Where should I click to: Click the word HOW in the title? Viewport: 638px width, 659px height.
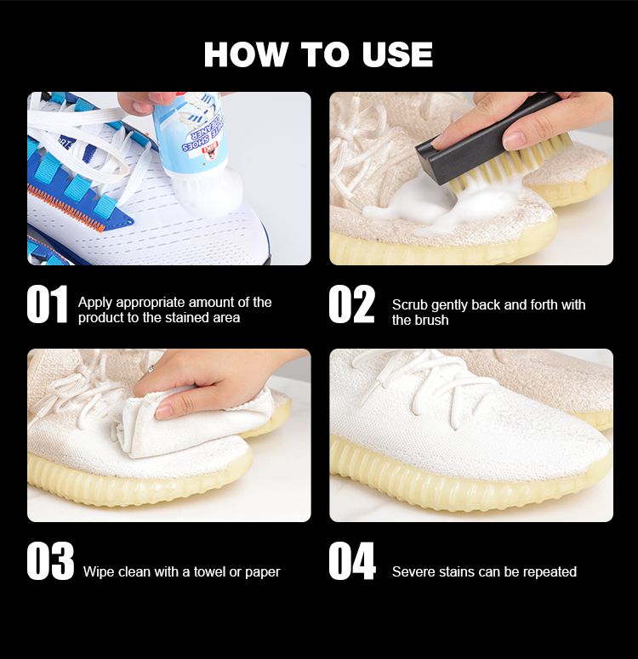pos(245,54)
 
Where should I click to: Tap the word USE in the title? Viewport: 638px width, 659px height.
pos(397,54)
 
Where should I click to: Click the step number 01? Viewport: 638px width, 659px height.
pos(47,304)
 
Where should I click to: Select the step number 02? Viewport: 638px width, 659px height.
pos(351,304)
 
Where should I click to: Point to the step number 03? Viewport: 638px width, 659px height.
pos(50,561)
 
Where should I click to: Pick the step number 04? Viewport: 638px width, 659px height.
pos(352,561)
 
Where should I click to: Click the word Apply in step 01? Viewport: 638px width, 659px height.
pos(95,303)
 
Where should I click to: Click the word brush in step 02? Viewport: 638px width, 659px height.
pos(433,321)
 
